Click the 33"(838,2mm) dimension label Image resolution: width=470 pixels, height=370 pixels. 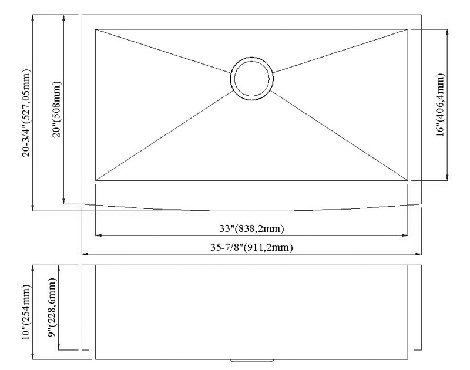[x=251, y=229]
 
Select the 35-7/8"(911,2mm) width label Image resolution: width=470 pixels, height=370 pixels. [x=251, y=247]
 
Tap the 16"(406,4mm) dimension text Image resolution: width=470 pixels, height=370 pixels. [x=440, y=105]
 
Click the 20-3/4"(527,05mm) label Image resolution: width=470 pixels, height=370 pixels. [x=26, y=113]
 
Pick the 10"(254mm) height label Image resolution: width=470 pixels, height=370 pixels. [x=26, y=312]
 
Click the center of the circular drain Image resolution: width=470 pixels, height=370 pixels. [x=251, y=79]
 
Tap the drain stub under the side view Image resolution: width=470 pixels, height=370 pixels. [x=251, y=361]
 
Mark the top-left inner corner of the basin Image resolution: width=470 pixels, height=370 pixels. [x=96, y=29]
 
